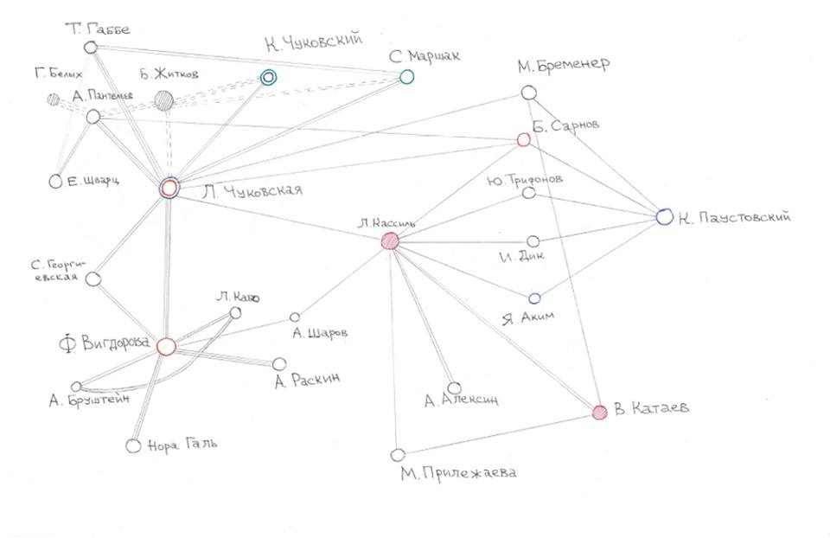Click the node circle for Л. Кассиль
click(x=390, y=242)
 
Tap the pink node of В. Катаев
click(x=599, y=413)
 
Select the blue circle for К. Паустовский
click(x=664, y=217)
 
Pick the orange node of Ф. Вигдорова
click(x=167, y=346)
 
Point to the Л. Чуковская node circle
click(x=169, y=188)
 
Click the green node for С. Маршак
click(x=406, y=77)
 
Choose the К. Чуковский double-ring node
click(x=269, y=77)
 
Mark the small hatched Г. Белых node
click(x=54, y=99)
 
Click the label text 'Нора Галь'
click(x=182, y=445)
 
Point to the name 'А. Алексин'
click(x=462, y=400)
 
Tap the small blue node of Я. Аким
click(x=534, y=298)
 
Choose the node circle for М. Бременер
click(x=527, y=93)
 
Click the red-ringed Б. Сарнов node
click(x=523, y=139)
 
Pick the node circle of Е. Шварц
click(x=55, y=182)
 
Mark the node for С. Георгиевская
click(x=94, y=279)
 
